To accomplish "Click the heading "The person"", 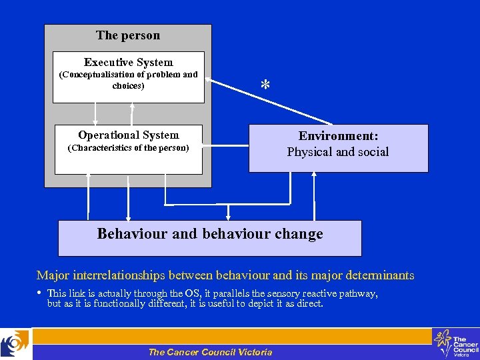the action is click(x=128, y=35).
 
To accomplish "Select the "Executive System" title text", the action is click(x=128, y=62).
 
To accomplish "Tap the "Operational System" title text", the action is click(x=128, y=135).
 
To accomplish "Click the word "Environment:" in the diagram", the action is click(x=338, y=136).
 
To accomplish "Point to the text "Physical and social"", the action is click(x=338, y=152).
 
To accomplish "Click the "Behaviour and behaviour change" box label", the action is click(x=210, y=234).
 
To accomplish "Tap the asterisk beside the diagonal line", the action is click(x=265, y=85).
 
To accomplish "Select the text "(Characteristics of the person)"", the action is click(x=128, y=147).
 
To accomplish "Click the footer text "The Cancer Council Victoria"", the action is click(x=210, y=352).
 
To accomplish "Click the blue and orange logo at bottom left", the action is click(x=15, y=343).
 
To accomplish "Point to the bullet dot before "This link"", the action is click(x=40, y=292).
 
